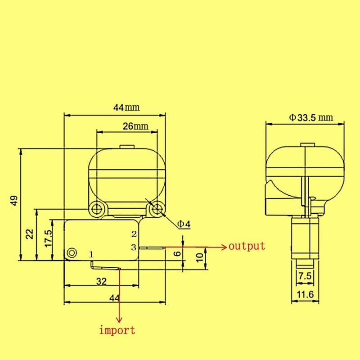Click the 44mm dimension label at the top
[126, 108]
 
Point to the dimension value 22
[30, 234]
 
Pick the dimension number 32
[101, 282]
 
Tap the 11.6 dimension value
[305, 295]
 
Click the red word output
[247, 246]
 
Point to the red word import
[117, 330]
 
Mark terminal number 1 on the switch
[91, 255]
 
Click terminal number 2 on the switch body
[133, 234]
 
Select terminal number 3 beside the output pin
[133, 247]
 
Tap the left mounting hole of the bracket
[97, 208]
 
